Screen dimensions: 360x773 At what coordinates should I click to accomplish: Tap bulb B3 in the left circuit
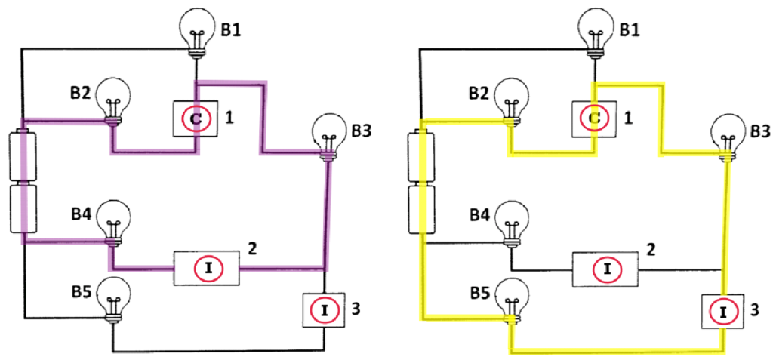click(x=328, y=133)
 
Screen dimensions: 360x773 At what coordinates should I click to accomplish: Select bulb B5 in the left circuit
click(x=113, y=294)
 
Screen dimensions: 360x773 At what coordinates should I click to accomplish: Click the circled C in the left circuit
click(x=195, y=118)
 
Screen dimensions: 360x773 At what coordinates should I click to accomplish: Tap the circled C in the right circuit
click(x=594, y=118)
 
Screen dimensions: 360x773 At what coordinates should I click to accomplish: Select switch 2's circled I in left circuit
click(x=206, y=268)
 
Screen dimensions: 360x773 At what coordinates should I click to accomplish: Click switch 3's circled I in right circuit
click(x=722, y=310)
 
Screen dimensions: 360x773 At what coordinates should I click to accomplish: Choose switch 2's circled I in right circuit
click(x=605, y=268)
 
